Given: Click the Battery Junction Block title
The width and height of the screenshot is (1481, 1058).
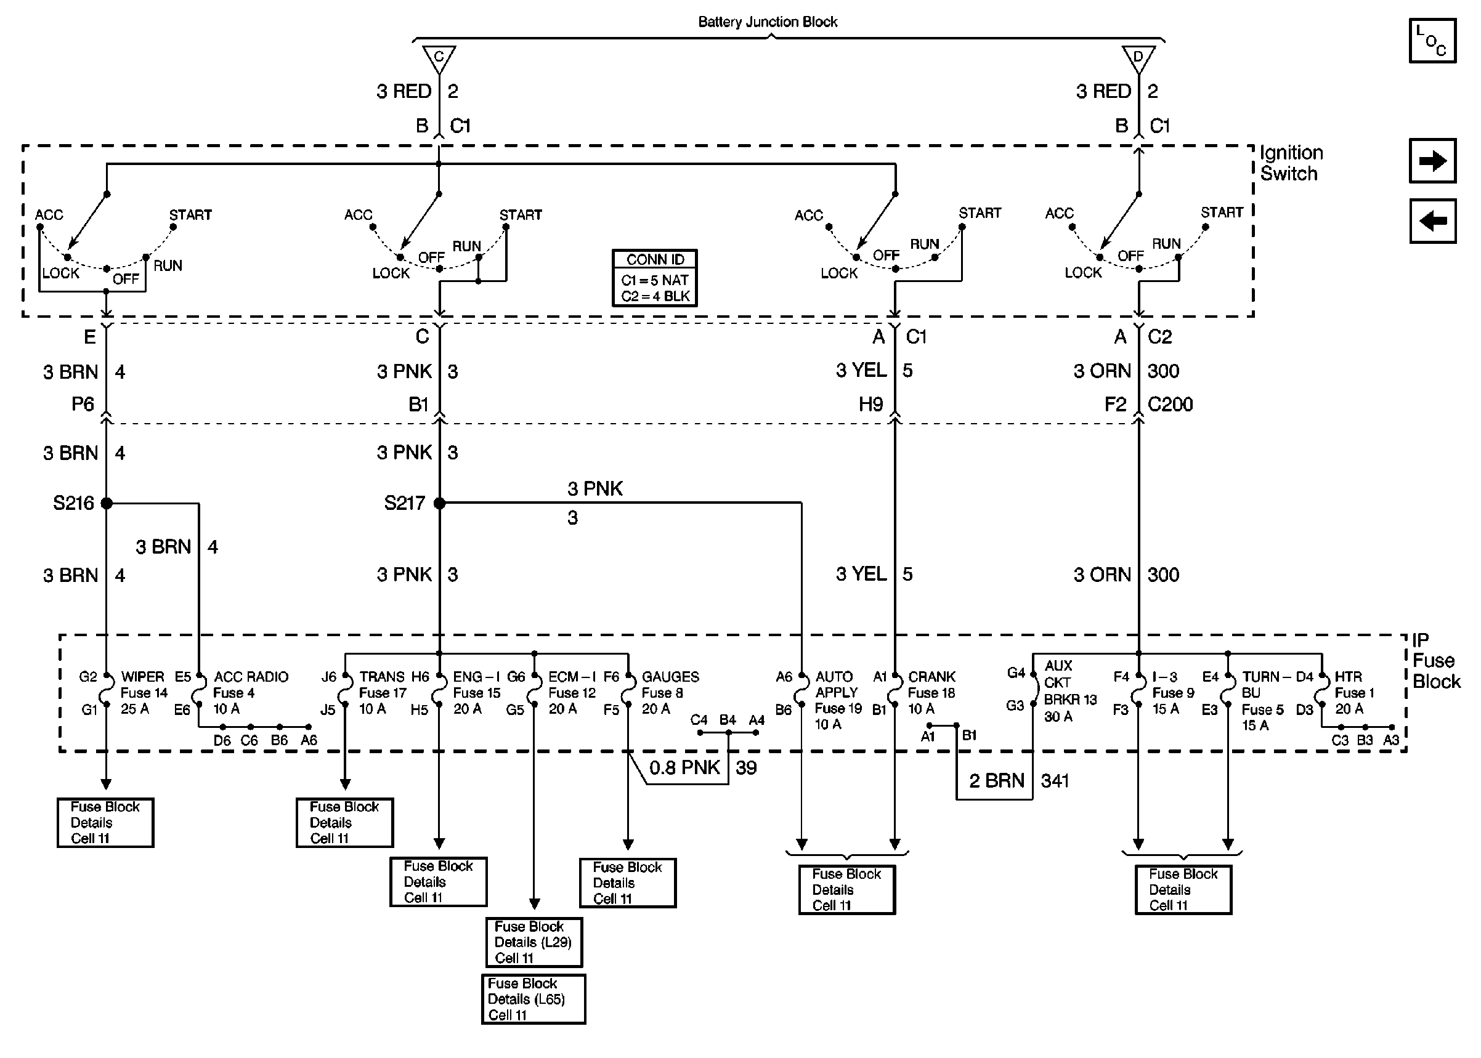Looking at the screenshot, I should pos(767,22).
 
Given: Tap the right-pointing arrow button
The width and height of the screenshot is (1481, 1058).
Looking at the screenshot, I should pos(1432,161).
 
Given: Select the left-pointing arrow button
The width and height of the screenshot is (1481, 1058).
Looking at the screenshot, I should pos(1432,222).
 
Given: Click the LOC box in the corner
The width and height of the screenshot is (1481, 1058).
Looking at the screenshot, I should pos(1432,41).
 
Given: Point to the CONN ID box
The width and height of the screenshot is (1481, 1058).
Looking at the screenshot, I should pos(655,278).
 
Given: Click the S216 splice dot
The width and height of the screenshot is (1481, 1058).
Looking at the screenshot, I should pos(107,503).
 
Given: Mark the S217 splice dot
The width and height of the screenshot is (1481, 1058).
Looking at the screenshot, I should pos(439,503).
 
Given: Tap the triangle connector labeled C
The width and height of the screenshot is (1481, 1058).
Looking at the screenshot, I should pos(439,58).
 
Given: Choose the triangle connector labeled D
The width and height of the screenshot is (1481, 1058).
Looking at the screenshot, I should pos(1138,58).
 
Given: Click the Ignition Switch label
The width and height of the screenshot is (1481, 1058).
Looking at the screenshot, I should pos(1290,163).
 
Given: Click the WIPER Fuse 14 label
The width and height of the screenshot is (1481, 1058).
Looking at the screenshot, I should pos(144,693).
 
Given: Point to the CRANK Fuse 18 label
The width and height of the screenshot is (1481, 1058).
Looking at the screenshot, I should pos(931,693).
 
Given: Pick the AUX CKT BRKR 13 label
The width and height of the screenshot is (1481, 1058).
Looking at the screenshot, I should pos(1070,691).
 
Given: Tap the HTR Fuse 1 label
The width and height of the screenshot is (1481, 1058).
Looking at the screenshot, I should pos(1353,693).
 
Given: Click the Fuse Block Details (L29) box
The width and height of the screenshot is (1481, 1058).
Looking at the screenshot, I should pos(534,942).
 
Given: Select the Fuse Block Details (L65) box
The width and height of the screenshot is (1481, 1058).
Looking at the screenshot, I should pos(533,999).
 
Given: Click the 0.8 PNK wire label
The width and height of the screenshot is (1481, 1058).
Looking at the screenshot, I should pos(684,767).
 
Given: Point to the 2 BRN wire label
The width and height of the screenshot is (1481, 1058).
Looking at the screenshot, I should pos(996,780).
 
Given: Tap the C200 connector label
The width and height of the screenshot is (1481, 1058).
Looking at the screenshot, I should pos(1169,405).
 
